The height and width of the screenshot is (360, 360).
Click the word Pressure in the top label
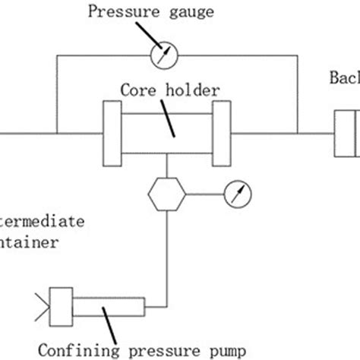pos(118,12)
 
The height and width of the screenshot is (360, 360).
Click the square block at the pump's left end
pos(59,305)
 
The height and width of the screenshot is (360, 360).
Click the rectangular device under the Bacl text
pos(347,131)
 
